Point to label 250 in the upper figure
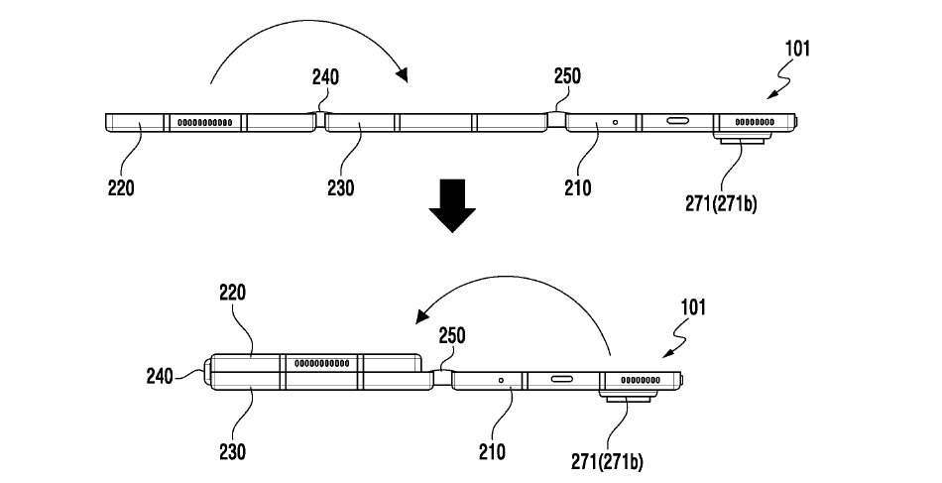[x=567, y=75]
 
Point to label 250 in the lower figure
[x=451, y=335]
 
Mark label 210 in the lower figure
[x=491, y=451]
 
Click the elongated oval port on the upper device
[x=680, y=123]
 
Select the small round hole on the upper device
[x=616, y=123]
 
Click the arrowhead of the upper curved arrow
[x=402, y=72]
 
